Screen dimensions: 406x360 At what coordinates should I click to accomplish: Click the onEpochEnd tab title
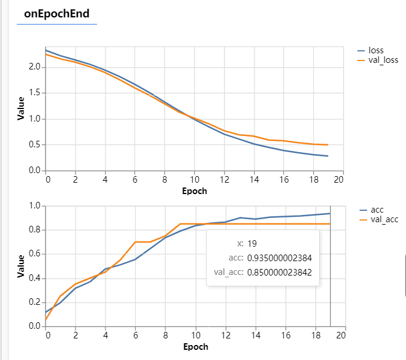click(57, 14)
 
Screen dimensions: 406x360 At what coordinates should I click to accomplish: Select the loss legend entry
click(376, 50)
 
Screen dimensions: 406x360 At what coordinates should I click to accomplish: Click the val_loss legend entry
click(383, 60)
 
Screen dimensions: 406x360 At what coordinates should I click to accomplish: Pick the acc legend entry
click(377, 210)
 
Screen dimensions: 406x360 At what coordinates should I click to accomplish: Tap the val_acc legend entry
click(384, 220)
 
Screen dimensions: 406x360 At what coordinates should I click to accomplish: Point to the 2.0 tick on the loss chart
click(35, 67)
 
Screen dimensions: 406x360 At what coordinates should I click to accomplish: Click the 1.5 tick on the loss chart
click(35, 93)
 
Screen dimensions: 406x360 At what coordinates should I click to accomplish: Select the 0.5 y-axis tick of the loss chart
click(35, 144)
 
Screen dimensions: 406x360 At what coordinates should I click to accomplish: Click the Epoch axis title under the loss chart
click(195, 191)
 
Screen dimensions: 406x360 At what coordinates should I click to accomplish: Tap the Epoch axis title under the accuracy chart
click(195, 347)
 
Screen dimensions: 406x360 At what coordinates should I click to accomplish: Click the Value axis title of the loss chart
click(21, 108)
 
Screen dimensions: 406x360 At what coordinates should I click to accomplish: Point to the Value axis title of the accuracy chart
click(21, 266)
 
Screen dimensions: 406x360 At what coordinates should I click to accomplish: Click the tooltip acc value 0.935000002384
click(280, 258)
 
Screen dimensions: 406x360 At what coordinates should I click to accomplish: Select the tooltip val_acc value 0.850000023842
click(280, 273)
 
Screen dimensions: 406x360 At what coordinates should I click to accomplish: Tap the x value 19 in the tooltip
click(252, 243)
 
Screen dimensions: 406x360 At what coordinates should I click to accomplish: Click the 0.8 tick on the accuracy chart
click(35, 230)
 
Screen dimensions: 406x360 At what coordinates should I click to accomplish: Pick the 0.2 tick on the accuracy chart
click(35, 302)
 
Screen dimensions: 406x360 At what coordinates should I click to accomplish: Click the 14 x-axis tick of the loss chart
click(254, 180)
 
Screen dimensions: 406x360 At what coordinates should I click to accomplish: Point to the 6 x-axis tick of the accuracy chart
click(135, 335)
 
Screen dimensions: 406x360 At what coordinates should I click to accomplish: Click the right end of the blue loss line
click(328, 156)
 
